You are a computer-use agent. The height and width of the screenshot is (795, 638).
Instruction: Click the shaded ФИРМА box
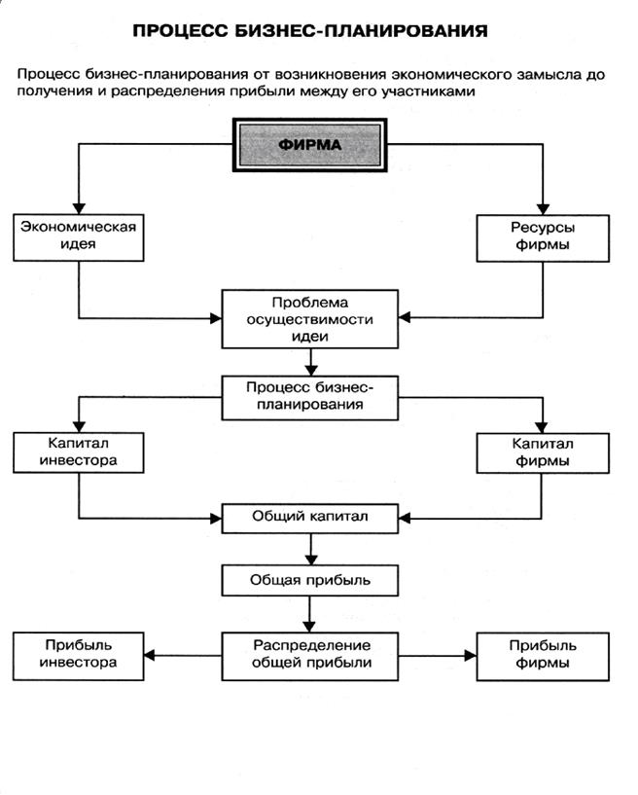click(x=309, y=145)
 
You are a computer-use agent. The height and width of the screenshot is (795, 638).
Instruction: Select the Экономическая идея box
click(x=79, y=237)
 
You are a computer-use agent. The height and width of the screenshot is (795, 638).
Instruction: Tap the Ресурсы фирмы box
click(x=543, y=238)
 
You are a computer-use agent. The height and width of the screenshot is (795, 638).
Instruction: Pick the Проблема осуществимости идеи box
click(x=310, y=319)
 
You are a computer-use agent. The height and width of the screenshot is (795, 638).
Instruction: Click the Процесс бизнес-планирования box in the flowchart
click(x=310, y=398)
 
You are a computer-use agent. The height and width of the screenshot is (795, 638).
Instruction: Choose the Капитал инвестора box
click(x=79, y=452)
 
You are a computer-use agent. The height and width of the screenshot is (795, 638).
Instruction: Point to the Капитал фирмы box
click(x=543, y=453)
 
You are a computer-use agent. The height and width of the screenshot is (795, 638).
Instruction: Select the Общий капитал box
click(x=310, y=519)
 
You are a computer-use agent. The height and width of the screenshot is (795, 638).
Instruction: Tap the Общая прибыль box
click(x=310, y=581)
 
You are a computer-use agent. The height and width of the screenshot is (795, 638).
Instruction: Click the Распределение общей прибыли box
click(x=310, y=656)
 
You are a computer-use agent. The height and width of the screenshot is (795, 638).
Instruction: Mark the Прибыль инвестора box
click(x=79, y=656)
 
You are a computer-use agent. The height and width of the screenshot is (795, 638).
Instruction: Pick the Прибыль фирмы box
click(x=543, y=657)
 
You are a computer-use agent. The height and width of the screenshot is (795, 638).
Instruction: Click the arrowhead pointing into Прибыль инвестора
click(x=150, y=656)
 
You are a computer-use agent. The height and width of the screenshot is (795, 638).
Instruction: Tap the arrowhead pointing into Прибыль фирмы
click(x=471, y=656)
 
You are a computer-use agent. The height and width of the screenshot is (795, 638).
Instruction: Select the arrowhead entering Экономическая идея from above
click(x=79, y=208)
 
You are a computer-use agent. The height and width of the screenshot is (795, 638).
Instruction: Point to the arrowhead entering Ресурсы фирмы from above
click(x=543, y=209)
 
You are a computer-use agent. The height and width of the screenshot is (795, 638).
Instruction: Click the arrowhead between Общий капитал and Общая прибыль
click(x=310, y=560)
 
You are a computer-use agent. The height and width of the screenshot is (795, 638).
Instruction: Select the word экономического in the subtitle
click(x=451, y=75)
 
